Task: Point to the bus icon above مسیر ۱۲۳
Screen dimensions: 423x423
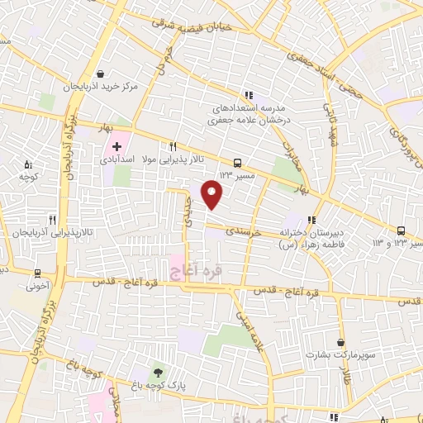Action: coord(238,163)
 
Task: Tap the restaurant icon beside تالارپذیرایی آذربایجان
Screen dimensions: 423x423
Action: coord(53,220)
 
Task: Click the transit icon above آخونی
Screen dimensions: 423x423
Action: coord(37,273)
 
